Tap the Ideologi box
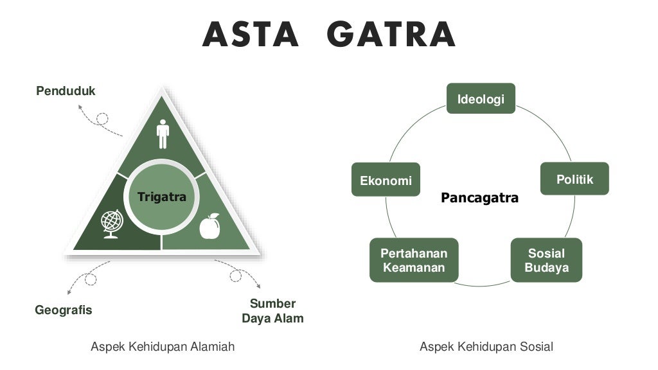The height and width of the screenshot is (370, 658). [481, 99]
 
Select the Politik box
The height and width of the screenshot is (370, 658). [574, 179]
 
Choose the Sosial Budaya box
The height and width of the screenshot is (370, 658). [546, 260]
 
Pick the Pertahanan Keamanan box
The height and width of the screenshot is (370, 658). [414, 260]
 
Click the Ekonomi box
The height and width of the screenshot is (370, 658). [386, 181]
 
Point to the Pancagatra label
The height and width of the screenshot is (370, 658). [479, 198]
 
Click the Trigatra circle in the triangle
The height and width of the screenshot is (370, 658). [162, 197]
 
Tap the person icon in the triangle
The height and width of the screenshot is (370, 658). [163, 134]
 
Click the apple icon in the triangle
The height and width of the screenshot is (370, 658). [209, 226]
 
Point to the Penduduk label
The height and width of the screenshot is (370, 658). [66, 91]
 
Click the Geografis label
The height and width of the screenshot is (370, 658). [63, 310]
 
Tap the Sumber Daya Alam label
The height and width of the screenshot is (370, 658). [272, 311]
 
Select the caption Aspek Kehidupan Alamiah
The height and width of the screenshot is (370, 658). [163, 347]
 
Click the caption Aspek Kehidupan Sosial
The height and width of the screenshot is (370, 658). [486, 347]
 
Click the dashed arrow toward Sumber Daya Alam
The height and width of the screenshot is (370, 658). [238, 272]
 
